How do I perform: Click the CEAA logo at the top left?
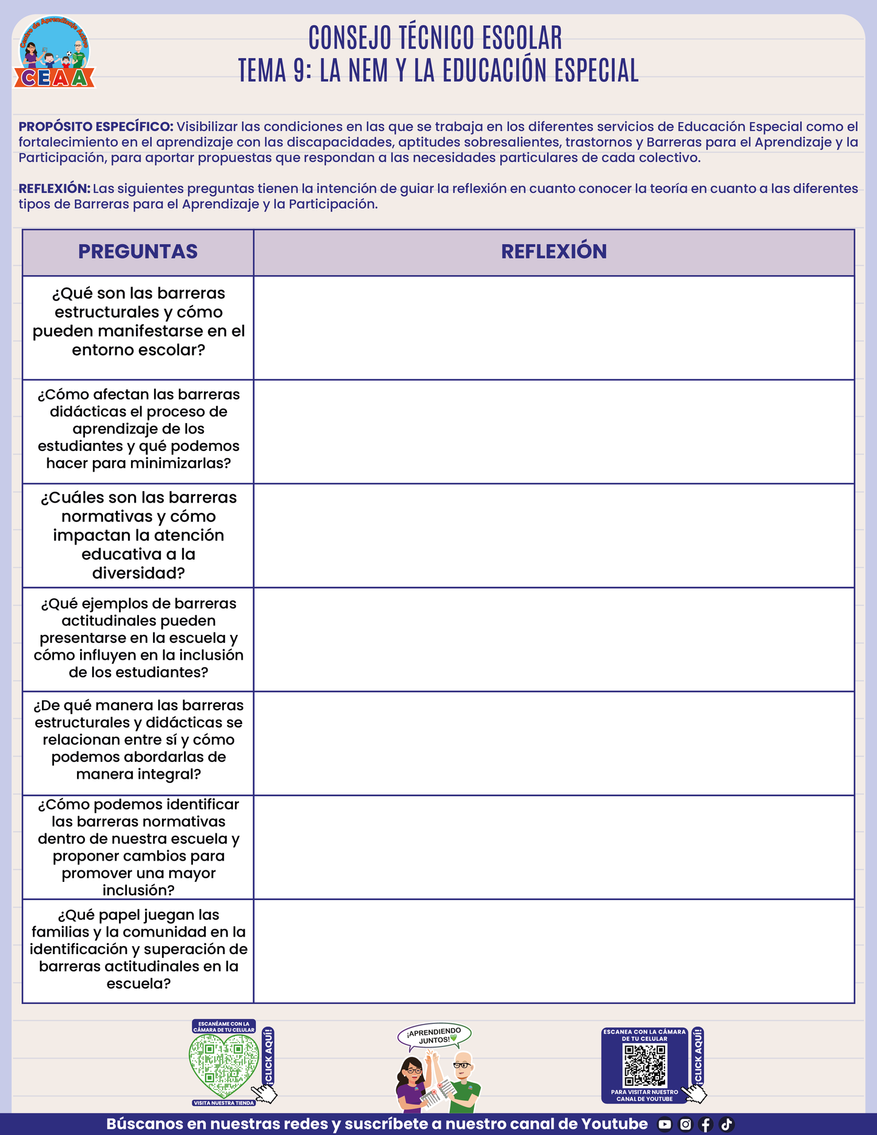(x=55, y=53)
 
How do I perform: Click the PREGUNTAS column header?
(x=138, y=252)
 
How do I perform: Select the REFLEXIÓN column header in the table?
(x=554, y=252)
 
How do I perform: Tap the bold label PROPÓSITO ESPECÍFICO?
(x=96, y=127)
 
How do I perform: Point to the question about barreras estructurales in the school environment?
(x=138, y=322)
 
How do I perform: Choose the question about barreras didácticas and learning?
(x=138, y=429)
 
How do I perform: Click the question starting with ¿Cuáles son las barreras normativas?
(x=138, y=535)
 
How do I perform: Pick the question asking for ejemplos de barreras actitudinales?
(x=138, y=638)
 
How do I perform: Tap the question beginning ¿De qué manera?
(x=138, y=740)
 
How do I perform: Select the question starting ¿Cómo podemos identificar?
(x=138, y=847)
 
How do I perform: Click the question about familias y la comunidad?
(x=138, y=949)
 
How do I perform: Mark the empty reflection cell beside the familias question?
(x=554, y=951)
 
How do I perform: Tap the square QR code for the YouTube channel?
(x=645, y=1065)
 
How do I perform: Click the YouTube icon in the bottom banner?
(x=665, y=1125)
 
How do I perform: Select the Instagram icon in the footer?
(x=685, y=1125)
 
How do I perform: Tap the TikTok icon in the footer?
(x=726, y=1125)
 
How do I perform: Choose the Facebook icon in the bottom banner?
(x=706, y=1125)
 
